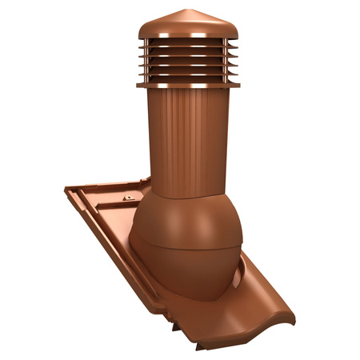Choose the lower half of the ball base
tap(184, 272)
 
